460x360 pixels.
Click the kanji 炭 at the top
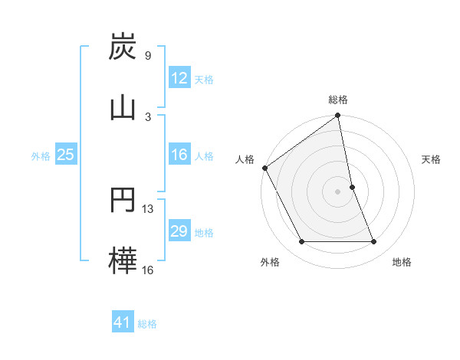click(123, 47)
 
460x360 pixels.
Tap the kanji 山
click(123, 106)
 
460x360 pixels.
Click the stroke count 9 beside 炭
click(147, 56)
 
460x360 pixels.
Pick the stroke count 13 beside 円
click(148, 208)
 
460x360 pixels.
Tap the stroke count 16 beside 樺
click(148, 269)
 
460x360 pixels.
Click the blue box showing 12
click(179, 78)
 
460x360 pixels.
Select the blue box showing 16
click(179, 155)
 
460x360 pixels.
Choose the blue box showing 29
click(179, 232)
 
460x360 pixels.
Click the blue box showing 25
click(65, 155)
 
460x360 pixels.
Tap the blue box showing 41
click(123, 323)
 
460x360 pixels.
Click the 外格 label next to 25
click(41, 156)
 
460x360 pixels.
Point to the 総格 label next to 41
click(147, 324)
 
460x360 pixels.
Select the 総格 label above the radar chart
click(338, 100)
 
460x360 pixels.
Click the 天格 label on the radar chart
click(432, 159)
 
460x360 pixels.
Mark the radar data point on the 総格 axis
click(338, 116)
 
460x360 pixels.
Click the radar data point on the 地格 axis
click(373, 242)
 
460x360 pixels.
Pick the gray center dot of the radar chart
click(338, 191)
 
